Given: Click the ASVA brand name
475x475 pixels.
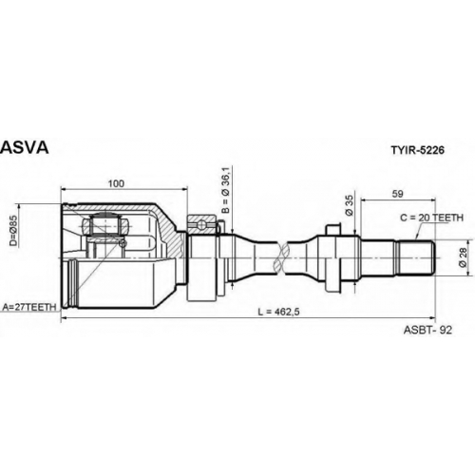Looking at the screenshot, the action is pyautogui.click(x=25, y=147).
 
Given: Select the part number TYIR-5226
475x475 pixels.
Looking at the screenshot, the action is pyautogui.click(x=417, y=150).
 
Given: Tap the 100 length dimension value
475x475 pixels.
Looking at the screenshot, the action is pyautogui.click(x=116, y=183).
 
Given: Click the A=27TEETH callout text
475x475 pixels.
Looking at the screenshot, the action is pyautogui.click(x=29, y=307).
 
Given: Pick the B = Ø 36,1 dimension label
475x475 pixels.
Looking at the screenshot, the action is pyautogui.click(x=225, y=190).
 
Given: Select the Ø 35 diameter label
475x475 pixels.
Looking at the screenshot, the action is pyautogui.click(x=349, y=205).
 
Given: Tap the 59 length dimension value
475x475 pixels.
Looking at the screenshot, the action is pyautogui.click(x=398, y=194).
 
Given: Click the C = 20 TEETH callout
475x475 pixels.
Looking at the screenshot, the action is pyautogui.click(x=431, y=218).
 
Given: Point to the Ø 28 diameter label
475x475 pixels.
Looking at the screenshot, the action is pyautogui.click(x=463, y=257).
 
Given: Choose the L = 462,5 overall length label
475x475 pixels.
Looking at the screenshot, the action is pyautogui.click(x=278, y=312).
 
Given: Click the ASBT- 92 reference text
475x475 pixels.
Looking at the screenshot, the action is pyautogui.click(x=427, y=330).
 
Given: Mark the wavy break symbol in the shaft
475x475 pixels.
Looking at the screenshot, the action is pyautogui.click(x=281, y=257).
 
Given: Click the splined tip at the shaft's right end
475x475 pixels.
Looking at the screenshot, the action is pyautogui.click(x=416, y=257).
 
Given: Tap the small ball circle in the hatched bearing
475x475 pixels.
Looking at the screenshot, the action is pyautogui.click(x=201, y=225).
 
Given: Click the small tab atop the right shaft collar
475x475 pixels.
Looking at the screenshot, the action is pyautogui.click(x=334, y=230).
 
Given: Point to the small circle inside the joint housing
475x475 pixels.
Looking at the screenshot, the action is pyautogui.click(x=123, y=243).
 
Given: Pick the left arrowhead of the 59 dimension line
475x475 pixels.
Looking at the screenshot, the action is pyautogui.click(x=364, y=199).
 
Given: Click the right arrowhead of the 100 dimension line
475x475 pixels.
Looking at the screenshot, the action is pyautogui.click(x=184, y=189).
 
